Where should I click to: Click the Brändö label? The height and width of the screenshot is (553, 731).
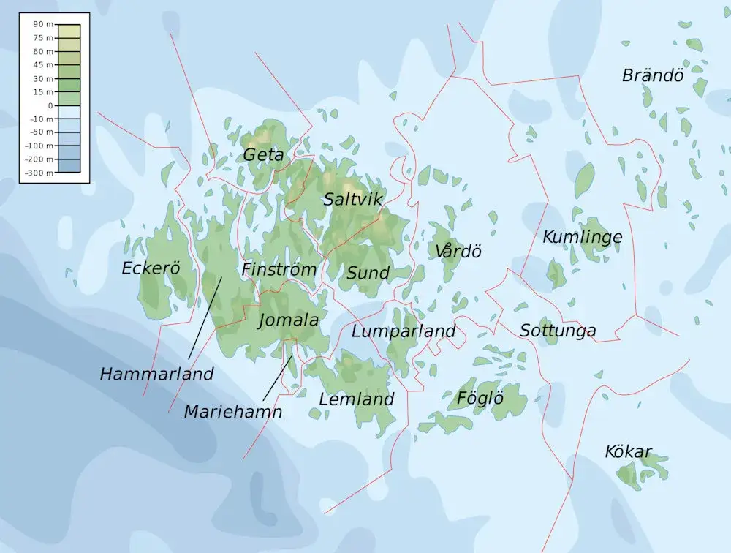652,75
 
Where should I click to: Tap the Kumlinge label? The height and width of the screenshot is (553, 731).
582,237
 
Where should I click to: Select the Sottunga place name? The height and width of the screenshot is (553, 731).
557,331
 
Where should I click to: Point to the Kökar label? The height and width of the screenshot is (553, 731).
627,452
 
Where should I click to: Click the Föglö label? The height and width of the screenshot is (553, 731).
480,399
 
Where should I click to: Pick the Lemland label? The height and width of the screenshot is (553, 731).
356,399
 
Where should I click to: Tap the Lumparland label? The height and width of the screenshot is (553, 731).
404,331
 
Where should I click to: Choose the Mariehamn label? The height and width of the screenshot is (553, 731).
232,412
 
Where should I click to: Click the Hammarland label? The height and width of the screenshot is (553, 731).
156,374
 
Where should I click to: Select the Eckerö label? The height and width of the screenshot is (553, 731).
151,268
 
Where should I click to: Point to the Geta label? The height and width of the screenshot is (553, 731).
263,154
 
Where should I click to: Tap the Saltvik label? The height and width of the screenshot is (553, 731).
354,199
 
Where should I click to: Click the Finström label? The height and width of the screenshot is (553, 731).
279,269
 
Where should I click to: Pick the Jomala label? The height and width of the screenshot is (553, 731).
288,320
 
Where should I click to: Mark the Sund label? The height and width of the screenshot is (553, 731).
368,274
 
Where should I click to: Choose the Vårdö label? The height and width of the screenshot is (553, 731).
458,252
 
